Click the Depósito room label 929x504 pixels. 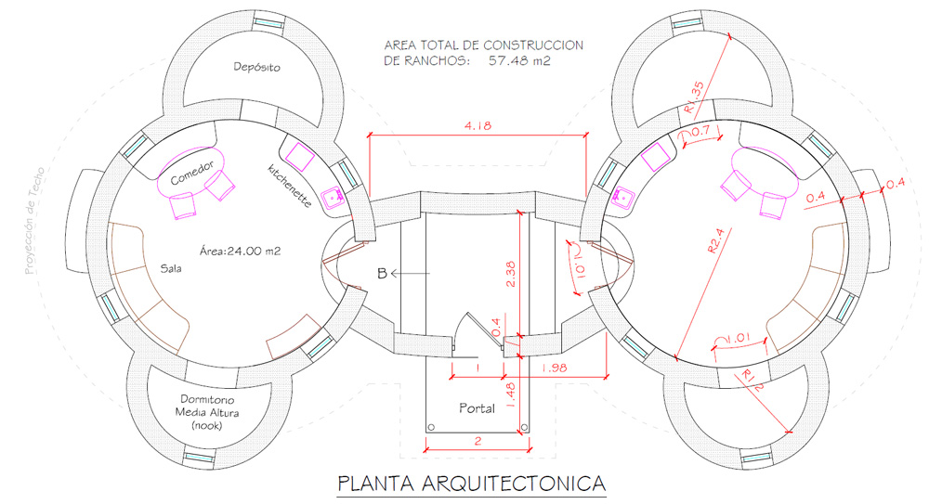click(x=256, y=67)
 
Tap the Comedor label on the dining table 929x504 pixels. click(x=192, y=173)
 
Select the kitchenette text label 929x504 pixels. click(x=289, y=186)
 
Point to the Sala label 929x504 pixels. click(x=171, y=268)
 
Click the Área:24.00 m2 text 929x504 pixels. click(x=240, y=252)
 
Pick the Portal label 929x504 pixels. click(x=477, y=408)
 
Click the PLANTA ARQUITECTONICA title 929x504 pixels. click(x=472, y=484)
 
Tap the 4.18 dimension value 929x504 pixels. click(x=478, y=125)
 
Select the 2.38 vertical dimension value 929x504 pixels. click(x=511, y=274)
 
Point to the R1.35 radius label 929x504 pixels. click(x=694, y=97)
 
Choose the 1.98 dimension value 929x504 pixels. click(x=554, y=368)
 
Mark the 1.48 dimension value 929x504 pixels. click(x=511, y=395)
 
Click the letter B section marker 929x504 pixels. click(x=382, y=274)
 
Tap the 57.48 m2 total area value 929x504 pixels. click(x=519, y=60)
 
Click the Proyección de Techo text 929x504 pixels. click(x=34, y=221)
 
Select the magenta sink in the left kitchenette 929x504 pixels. click(x=332, y=194)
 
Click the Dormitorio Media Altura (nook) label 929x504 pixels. click(x=207, y=412)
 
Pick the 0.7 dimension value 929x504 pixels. click(x=700, y=130)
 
